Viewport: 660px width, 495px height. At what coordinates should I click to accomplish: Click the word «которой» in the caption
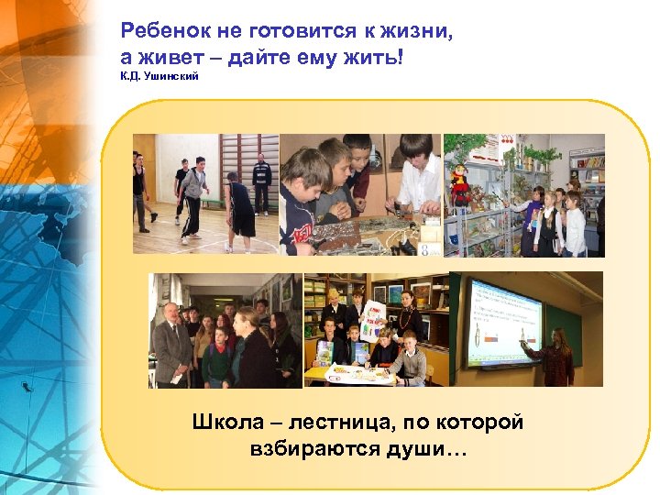tap(480, 424)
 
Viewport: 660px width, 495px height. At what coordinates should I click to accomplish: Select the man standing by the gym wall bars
tap(262, 181)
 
